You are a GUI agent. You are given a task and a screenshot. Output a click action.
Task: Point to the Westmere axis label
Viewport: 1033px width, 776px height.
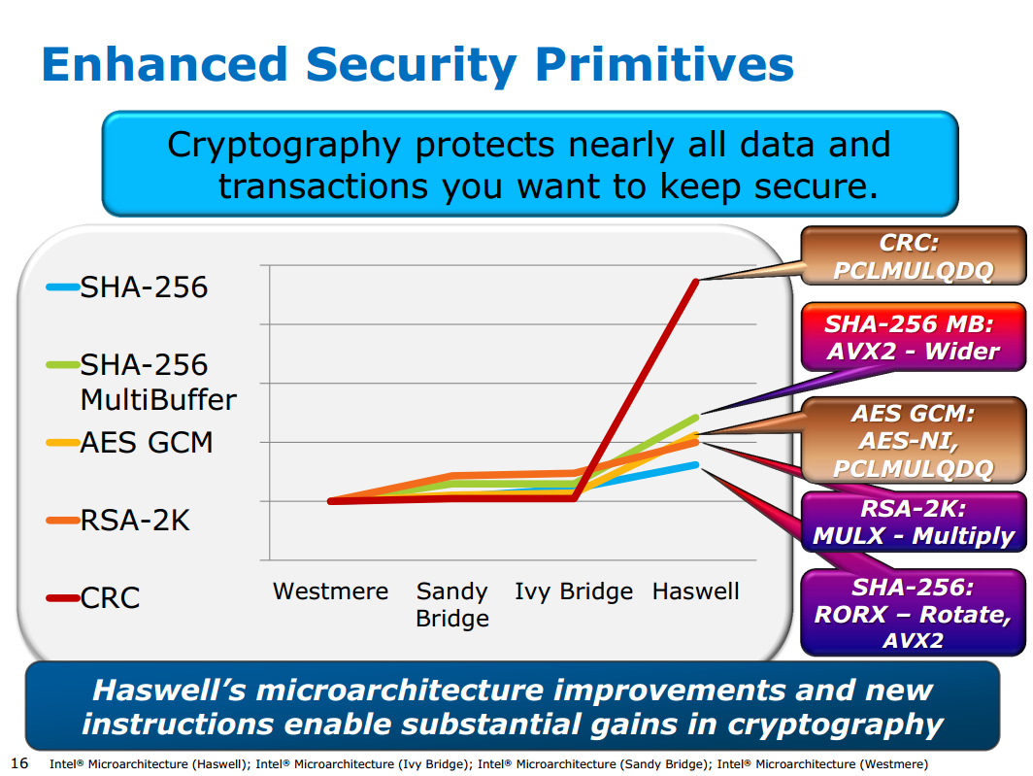[x=330, y=591]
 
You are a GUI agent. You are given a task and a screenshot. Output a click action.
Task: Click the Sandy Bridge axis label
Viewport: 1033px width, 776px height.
[x=451, y=604]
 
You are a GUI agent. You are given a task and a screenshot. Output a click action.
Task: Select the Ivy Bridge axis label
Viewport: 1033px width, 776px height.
[x=573, y=591]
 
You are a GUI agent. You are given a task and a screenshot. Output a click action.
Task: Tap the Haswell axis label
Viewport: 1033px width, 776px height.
[x=695, y=591]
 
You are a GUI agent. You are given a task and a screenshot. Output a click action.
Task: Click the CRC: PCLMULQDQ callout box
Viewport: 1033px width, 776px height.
[x=913, y=255]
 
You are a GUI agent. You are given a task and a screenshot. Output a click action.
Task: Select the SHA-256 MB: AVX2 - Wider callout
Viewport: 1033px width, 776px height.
[x=913, y=337]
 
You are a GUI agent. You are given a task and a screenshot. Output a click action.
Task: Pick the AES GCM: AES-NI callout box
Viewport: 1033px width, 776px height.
[x=913, y=441]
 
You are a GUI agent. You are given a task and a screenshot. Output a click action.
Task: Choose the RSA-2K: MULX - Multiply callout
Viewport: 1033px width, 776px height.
[x=913, y=523]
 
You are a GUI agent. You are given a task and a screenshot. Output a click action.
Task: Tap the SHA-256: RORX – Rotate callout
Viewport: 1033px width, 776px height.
[x=913, y=614]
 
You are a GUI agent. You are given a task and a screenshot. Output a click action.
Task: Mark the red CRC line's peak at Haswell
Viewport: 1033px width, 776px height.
[x=695, y=281]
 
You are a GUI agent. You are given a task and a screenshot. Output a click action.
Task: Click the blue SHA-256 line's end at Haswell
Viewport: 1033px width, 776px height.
[x=695, y=464]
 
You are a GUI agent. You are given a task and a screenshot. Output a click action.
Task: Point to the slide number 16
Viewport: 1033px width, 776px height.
[x=17, y=762]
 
